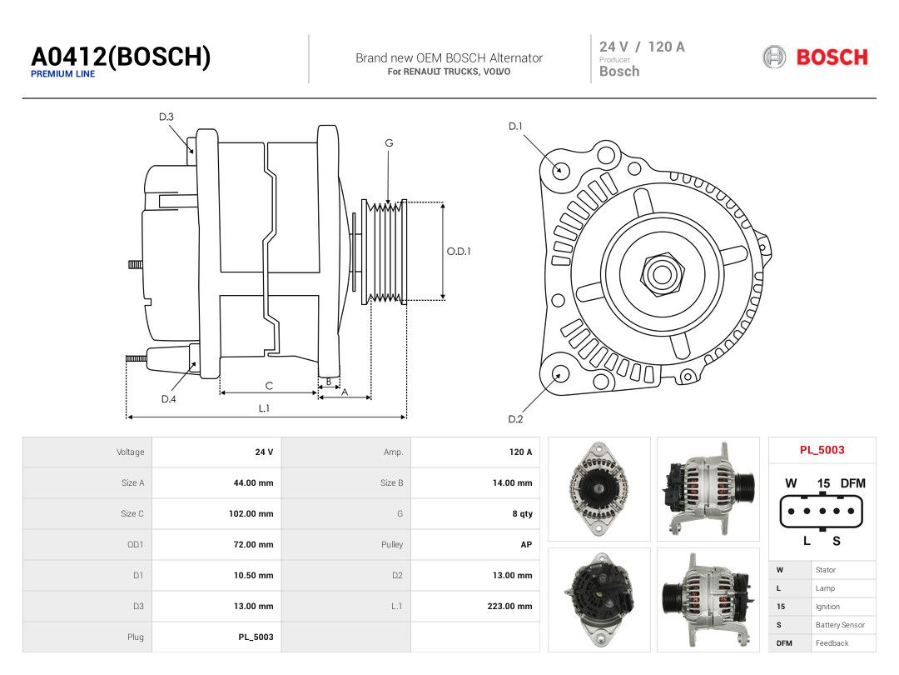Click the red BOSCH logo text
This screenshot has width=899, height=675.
(x=832, y=57)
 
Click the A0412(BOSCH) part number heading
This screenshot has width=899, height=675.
(x=121, y=57)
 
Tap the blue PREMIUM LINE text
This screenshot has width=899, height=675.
(x=63, y=74)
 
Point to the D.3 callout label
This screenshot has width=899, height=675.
(x=166, y=117)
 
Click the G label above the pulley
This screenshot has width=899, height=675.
(x=389, y=143)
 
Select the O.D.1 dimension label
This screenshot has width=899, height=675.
(x=459, y=252)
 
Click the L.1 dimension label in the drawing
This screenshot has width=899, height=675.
(x=264, y=408)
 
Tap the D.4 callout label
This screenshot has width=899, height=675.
(x=168, y=399)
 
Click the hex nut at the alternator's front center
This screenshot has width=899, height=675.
(x=663, y=274)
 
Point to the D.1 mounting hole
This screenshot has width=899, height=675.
(x=560, y=170)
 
